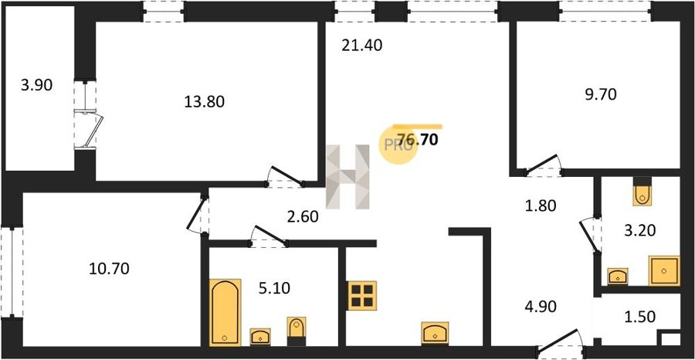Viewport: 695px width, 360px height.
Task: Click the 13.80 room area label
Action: coord(205,102)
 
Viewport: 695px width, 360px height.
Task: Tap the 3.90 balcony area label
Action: coord(36,84)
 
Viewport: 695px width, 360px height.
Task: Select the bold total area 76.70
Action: coord(419,140)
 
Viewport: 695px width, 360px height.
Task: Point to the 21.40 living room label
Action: coord(361,46)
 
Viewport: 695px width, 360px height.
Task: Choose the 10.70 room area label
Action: coord(109,268)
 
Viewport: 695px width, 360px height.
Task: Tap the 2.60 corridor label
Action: coord(302,218)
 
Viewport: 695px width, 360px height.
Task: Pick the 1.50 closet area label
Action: coord(639,317)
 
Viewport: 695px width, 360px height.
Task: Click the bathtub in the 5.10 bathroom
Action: coord(225,313)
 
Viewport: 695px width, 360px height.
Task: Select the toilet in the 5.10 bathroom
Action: coord(296,331)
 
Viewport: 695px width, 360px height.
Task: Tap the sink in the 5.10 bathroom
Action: coord(260,337)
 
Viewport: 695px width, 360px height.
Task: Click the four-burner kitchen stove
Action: coord(361,295)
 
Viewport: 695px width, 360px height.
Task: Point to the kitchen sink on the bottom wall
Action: coord(435,332)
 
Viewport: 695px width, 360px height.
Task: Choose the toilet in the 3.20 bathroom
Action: coord(642,191)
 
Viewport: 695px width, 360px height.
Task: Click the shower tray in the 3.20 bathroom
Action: coord(664,270)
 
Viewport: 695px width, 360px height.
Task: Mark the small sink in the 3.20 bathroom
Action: coord(618,277)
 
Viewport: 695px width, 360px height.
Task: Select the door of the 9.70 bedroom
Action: coord(541,165)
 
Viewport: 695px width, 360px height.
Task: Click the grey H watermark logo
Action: coord(348,176)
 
